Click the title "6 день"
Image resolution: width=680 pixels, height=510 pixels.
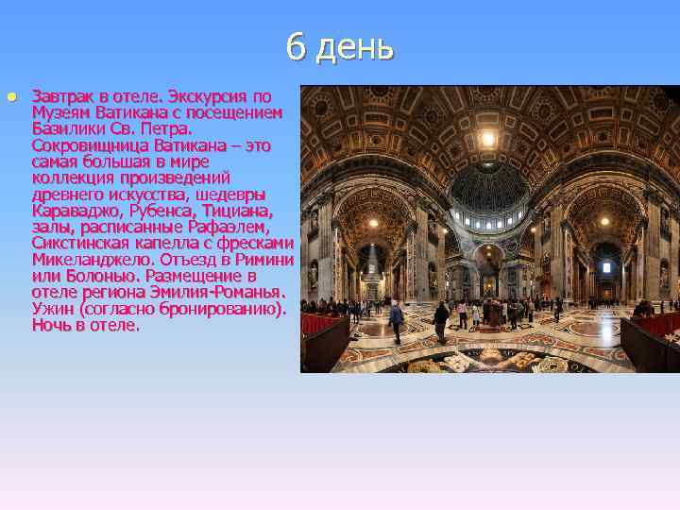(340, 47)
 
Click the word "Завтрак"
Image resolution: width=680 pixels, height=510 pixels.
(62, 96)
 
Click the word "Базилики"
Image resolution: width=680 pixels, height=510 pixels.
(67, 128)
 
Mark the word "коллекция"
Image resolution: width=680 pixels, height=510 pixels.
(69, 178)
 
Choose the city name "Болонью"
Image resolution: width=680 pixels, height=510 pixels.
(100, 276)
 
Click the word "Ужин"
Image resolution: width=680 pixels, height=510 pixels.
(53, 308)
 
